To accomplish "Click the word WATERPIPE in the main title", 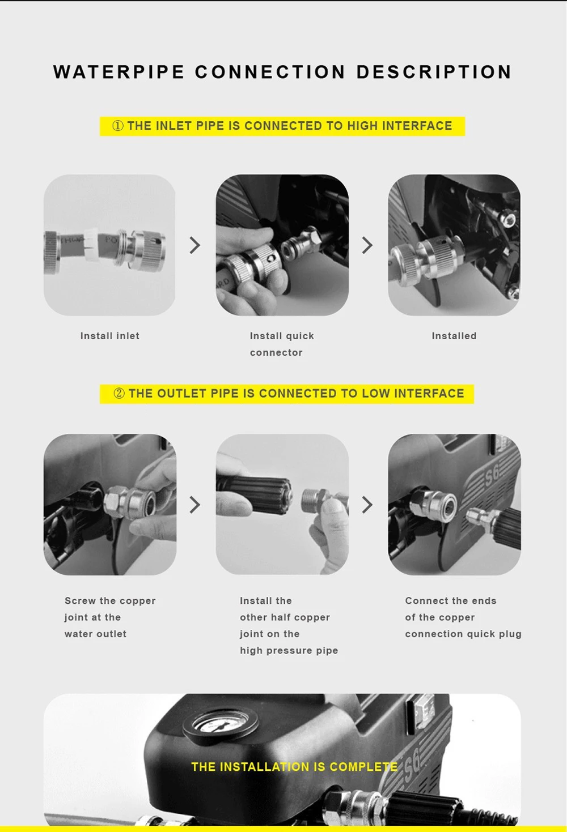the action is (119, 72).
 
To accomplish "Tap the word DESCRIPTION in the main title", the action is (434, 72).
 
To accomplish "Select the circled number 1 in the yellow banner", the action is (117, 126).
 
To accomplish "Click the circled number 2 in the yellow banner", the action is (119, 393).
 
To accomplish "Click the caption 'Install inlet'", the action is (110, 336).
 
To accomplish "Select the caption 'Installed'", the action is (454, 336).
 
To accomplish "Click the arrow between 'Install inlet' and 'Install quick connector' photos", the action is (195, 245).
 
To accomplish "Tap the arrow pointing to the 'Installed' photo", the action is (367, 245).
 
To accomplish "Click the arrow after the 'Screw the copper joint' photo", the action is (195, 505).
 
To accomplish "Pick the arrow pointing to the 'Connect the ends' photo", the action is (367, 505).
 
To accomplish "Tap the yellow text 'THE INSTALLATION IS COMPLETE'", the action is (294, 767).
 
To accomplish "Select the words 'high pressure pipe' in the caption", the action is (289, 650).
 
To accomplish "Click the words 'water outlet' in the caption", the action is (96, 634).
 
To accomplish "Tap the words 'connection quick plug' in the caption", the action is (463, 634).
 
